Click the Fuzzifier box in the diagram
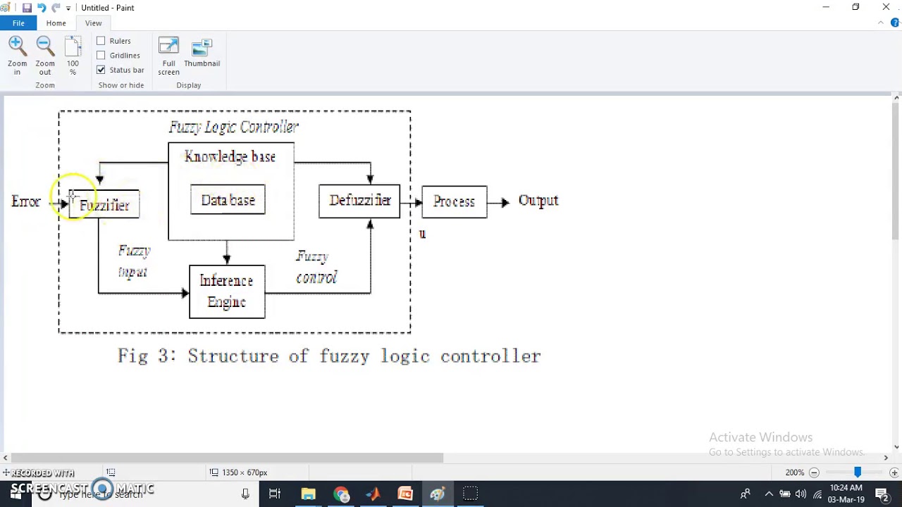104,205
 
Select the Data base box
228,201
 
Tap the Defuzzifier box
359,201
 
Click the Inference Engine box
227,292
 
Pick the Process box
454,202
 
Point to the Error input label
26,202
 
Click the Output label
538,201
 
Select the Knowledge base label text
230,157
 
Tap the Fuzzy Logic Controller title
234,127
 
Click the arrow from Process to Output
499,203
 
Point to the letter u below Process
422,234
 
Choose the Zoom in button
17,56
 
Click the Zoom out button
45,56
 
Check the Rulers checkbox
101,41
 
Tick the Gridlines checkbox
101,56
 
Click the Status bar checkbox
101,70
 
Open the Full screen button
168,56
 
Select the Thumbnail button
202,54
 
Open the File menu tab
18,23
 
